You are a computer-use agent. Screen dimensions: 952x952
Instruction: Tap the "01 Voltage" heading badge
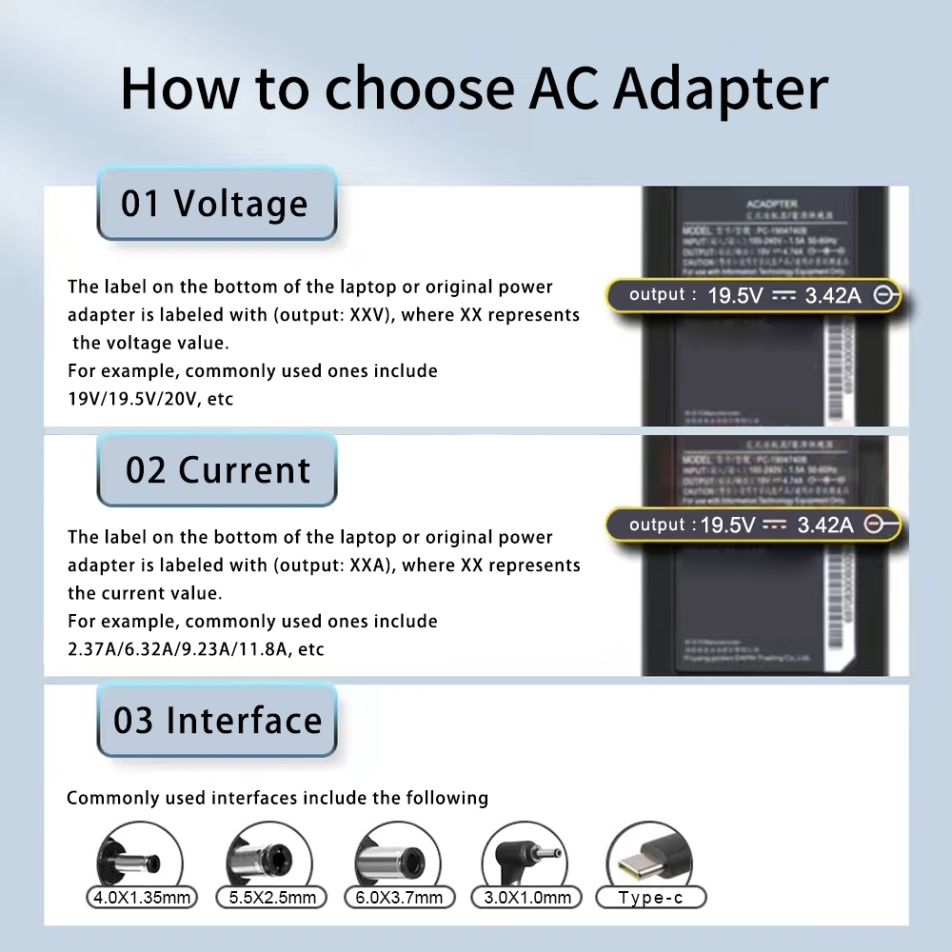pos(216,204)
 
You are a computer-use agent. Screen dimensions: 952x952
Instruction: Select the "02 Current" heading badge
pos(217,470)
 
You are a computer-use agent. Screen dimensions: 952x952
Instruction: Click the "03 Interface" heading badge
pos(217,721)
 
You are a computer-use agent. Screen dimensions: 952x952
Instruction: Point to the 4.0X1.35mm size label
pos(140,897)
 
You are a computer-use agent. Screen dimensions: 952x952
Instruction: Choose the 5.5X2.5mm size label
pos(271,897)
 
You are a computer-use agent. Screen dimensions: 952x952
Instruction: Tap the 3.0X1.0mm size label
pos(527,897)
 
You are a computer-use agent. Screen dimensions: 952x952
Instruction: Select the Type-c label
pos(650,897)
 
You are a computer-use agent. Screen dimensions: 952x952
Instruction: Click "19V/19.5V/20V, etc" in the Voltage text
pos(150,399)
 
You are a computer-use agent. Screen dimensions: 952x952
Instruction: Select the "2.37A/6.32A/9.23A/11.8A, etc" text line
pos(196,649)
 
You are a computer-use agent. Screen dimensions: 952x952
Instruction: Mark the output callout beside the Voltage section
pos(752,295)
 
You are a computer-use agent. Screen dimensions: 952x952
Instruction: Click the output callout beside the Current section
pos(752,525)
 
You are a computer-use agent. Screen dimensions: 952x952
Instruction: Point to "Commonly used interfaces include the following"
pos(277,798)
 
